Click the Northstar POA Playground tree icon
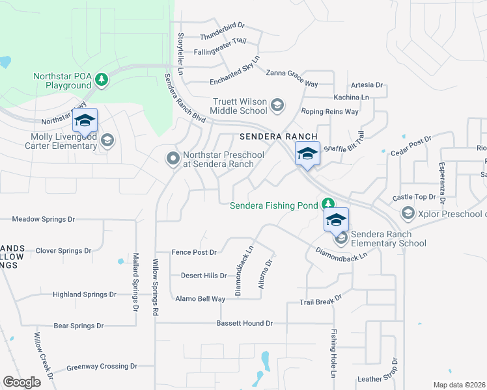(x=101, y=80)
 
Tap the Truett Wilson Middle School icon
(x=277, y=105)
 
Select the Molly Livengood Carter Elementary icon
(x=107, y=140)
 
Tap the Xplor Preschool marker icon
(x=408, y=213)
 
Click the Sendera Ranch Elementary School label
(x=389, y=239)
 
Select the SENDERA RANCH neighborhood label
(x=278, y=136)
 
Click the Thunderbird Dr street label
(x=222, y=25)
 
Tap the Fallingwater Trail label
(x=220, y=40)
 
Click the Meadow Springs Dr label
(x=44, y=220)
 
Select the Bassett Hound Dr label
(x=245, y=323)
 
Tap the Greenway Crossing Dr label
(x=98, y=367)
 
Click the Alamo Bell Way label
(x=200, y=299)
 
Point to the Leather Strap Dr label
(x=377, y=379)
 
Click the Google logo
(x=22, y=382)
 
